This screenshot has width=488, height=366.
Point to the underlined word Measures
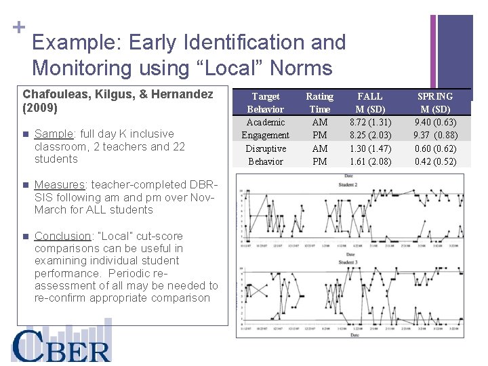pyautogui.click(x=59, y=184)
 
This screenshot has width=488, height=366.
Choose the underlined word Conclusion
pyautogui.click(x=62, y=236)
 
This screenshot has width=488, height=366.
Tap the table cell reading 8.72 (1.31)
pyautogui.click(x=370, y=122)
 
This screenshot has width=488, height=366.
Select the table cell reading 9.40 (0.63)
pyautogui.click(x=435, y=122)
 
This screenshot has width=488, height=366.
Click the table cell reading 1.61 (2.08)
pyautogui.click(x=370, y=161)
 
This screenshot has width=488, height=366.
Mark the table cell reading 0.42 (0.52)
pyautogui.click(x=435, y=161)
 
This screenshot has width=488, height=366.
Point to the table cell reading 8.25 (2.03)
pyautogui.click(x=370, y=135)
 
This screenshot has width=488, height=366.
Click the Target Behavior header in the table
pyautogui.click(x=266, y=102)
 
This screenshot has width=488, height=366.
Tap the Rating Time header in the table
pyautogui.click(x=319, y=102)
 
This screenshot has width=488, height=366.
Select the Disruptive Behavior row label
pyautogui.click(x=266, y=155)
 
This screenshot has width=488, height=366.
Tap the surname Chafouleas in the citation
pyautogui.click(x=52, y=94)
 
